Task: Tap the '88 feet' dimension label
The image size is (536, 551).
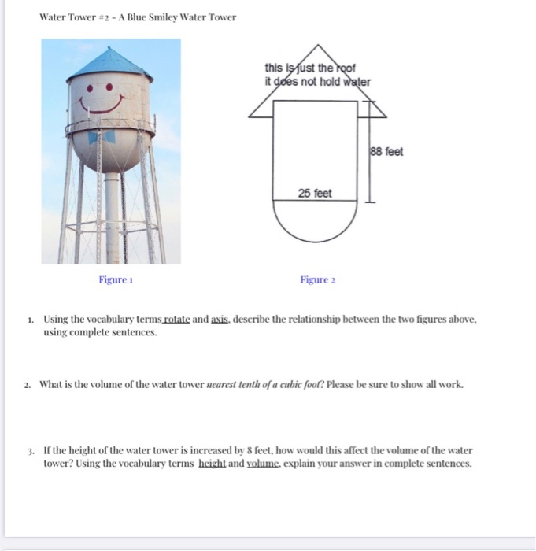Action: point(386,151)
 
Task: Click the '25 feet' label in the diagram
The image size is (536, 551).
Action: point(315,193)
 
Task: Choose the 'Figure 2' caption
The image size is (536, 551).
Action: point(318,280)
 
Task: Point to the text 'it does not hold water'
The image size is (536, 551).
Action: point(317,80)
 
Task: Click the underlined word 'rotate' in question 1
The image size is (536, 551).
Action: point(177,320)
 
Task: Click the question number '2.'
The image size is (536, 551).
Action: point(28,385)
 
